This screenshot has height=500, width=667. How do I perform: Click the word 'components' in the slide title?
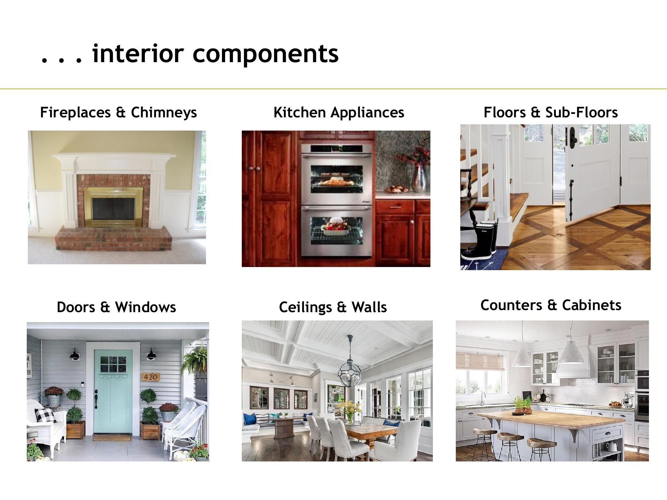265,54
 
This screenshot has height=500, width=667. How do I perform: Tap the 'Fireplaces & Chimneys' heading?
118,112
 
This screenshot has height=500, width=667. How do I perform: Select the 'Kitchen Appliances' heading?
339,112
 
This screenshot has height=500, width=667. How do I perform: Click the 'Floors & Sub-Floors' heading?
551,112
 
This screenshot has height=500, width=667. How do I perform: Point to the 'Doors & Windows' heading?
116,307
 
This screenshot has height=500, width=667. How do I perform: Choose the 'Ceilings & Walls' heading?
333,307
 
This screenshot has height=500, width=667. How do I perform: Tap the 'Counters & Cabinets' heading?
551,305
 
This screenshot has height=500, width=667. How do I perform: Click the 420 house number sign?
150,377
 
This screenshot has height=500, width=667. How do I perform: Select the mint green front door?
113,391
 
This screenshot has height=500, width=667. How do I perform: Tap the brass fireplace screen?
113,207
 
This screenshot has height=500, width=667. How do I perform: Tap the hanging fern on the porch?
196,361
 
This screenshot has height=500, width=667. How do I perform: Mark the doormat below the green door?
112,437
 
